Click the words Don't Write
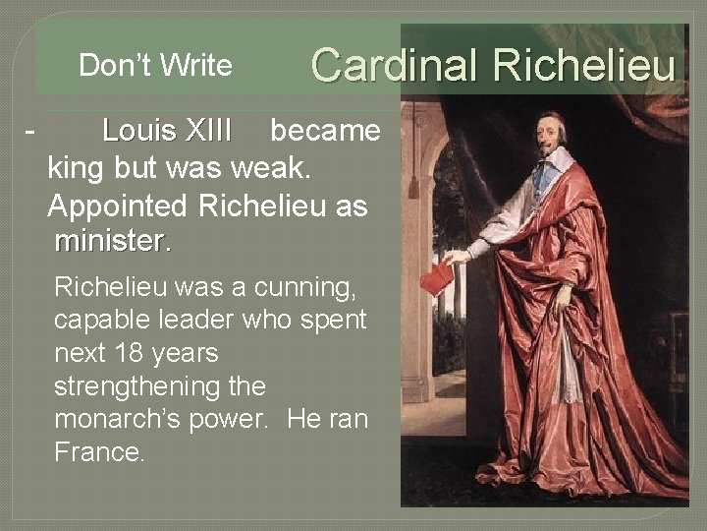pyautogui.click(x=155, y=66)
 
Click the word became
pyautogui.click(x=325, y=131)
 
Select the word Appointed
pyautogui.click(x=119, y=206)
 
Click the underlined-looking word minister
pyautogui.click(x=114, y=241)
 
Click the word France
pyautogui.click(x=99, y=452)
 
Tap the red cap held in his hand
pyautogui.click(x=437, y=278)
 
